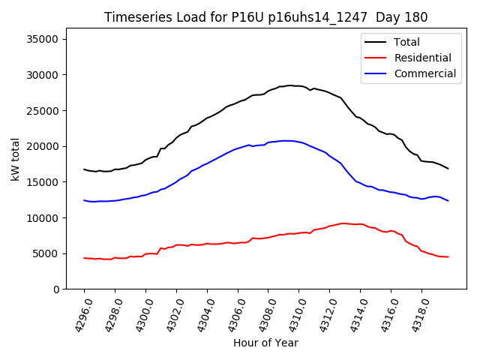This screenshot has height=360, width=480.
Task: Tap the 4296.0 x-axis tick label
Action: [77, 314]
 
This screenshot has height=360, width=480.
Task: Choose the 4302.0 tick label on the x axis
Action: [169, 314]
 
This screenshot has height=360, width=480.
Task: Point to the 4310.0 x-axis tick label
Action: [292, 314]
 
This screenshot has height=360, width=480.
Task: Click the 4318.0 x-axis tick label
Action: [414, 314]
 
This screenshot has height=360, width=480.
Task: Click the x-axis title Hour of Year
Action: [265, 343]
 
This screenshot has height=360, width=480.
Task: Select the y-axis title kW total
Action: [16, 163]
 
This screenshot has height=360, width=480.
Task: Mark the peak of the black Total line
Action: [289, 85]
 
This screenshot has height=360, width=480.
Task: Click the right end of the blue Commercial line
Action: [448, 200]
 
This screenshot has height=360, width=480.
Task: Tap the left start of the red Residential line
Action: [84, 258]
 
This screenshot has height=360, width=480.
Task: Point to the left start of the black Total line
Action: [84, 169]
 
